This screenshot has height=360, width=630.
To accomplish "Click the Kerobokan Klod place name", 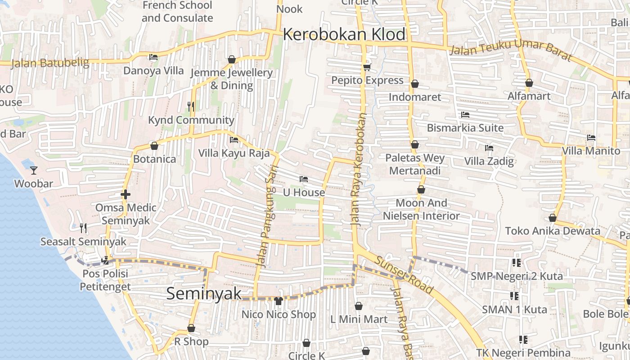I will [x=344, y=35].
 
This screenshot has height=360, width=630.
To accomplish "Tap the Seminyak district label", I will [x=204, y=293].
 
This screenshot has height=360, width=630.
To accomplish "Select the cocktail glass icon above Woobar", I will [x=34, y=170].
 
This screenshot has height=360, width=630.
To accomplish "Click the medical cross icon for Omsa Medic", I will [x=126, y=194].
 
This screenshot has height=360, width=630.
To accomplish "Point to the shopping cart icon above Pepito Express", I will [x=367, y=67].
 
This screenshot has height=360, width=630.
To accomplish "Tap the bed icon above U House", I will [x=304, y=179].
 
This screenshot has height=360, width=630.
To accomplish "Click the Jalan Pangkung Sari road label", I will [x=269, y=217].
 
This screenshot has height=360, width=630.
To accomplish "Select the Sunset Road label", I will [x=404, y=275].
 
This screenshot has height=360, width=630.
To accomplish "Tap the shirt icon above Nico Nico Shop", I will [x=279, y=301].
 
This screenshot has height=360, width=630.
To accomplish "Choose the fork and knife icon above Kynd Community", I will [x=191, y=106].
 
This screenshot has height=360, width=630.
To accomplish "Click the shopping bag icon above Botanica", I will [x=154, y=146].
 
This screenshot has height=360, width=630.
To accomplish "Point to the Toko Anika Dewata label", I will [x=553, y=231].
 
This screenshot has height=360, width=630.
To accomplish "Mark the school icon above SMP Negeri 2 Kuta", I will [x=516, y=262].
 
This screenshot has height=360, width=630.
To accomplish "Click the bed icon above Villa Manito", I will [x=591, y=137].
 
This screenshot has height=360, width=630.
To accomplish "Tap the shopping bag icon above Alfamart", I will [x=529, y=83].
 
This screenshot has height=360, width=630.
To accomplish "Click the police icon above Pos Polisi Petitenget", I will [x=105, y=260].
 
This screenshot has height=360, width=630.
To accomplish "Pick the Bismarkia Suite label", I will [x=465, y=128].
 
